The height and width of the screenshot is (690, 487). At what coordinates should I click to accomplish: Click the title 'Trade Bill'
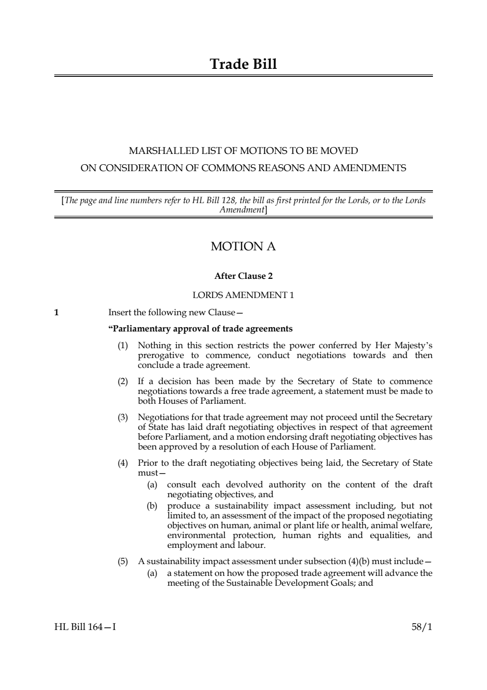243,64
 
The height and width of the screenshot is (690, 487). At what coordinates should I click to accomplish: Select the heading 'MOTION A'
243,246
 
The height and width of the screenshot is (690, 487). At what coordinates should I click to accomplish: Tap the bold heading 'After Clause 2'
243,276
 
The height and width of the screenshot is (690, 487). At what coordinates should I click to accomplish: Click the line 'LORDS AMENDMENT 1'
243,295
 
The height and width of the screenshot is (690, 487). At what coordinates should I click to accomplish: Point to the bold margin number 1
57,312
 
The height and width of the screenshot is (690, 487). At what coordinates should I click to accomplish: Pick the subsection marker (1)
122,346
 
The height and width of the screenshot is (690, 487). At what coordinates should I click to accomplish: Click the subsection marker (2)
122,382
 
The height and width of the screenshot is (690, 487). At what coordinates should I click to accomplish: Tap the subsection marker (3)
122,418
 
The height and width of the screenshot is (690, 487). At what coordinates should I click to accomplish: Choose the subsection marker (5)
122,562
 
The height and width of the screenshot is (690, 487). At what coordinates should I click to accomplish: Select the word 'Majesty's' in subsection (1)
412,346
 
